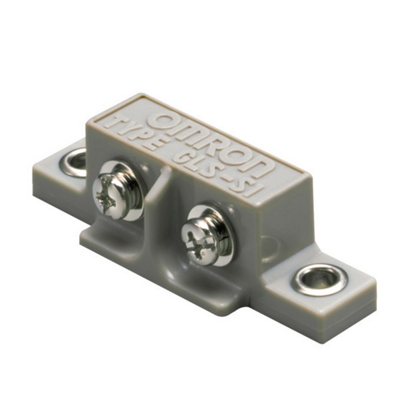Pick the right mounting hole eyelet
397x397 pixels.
coord(318,279)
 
